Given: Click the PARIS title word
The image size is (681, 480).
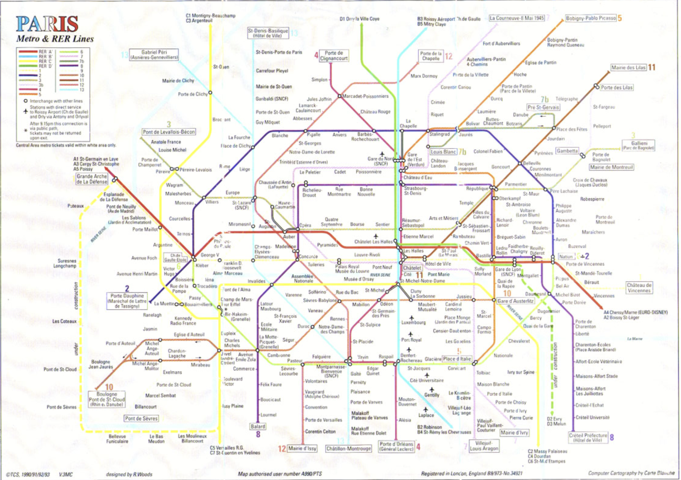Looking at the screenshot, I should pyautogui.click(x=47, y=24).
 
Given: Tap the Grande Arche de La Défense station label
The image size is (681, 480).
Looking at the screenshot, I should pyautogui.click(x=91, y=179).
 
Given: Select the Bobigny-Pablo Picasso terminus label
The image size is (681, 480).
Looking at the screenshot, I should pyautogui.click(x=590, y=18).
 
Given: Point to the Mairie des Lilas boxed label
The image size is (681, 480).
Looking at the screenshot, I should pyautogui.click(x=628, y=68).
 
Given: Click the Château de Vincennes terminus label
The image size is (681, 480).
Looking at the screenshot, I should pyautogui.click(x=639, y=288).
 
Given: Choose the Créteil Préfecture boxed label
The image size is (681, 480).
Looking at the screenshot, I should pyautogui.click(x=588, y=437).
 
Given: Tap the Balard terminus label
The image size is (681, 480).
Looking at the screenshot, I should pyautogui.click(x=258, y=426).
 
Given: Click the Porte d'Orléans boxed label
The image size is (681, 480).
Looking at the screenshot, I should pyautogui.click(x=396, y=446).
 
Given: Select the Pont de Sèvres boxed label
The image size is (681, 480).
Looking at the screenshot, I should pyautogui.click(x=141, y=418).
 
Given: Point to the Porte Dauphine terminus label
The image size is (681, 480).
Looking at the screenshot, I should pyautogui.click(x=127, y=301).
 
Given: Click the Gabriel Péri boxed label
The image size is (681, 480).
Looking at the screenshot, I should pyautogui.click(x=154, y=54).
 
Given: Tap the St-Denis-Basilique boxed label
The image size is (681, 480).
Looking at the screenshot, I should pyautogui.click(x=268, y=33).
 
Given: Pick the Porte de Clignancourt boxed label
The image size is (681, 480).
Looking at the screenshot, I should pyautogui.click(x=334, y=56).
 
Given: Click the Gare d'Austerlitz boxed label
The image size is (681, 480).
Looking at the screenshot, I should pyautogui.click(x=515, y=301).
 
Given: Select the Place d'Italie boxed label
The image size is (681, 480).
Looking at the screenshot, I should pyautogui.click(x=457, y=359).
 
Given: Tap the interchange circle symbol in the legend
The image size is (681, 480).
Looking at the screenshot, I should pyautogui.click(x=25, y=101).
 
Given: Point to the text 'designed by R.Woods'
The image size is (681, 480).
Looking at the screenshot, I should pyautogui.click(x=129, y=474).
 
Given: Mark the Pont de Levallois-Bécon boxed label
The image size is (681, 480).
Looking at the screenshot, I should pyautogui.click(x=169, y=132).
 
